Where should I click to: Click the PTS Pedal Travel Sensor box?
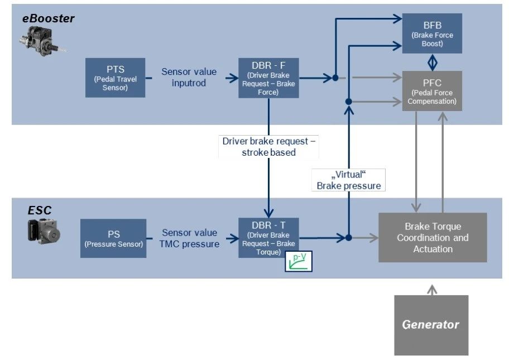coord(116,78)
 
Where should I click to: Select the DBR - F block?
coord(268,78)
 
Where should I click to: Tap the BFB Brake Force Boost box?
coord(432,33)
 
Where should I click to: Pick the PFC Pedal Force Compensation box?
coord(432,90)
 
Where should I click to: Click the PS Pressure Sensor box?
coord(113,238)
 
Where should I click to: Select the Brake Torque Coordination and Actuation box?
coord(433,238)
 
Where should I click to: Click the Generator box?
coord(431,325)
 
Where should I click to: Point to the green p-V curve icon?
coord(299,261)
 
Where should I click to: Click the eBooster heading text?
coord(48,18)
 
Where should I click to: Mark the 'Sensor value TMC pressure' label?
coord(190,238)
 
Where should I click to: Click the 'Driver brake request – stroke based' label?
coord(269,146)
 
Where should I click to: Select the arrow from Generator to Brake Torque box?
coord(431,290)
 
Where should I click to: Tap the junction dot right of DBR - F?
coord(335,78)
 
